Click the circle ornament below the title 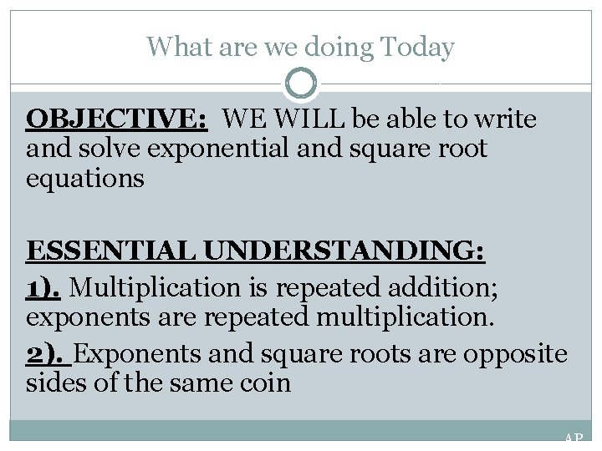pyautogui.click(x=301, y=84)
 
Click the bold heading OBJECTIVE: pyautogui.click(x=117, y=120)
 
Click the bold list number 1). pyautogui.click(x=44, y=288)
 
